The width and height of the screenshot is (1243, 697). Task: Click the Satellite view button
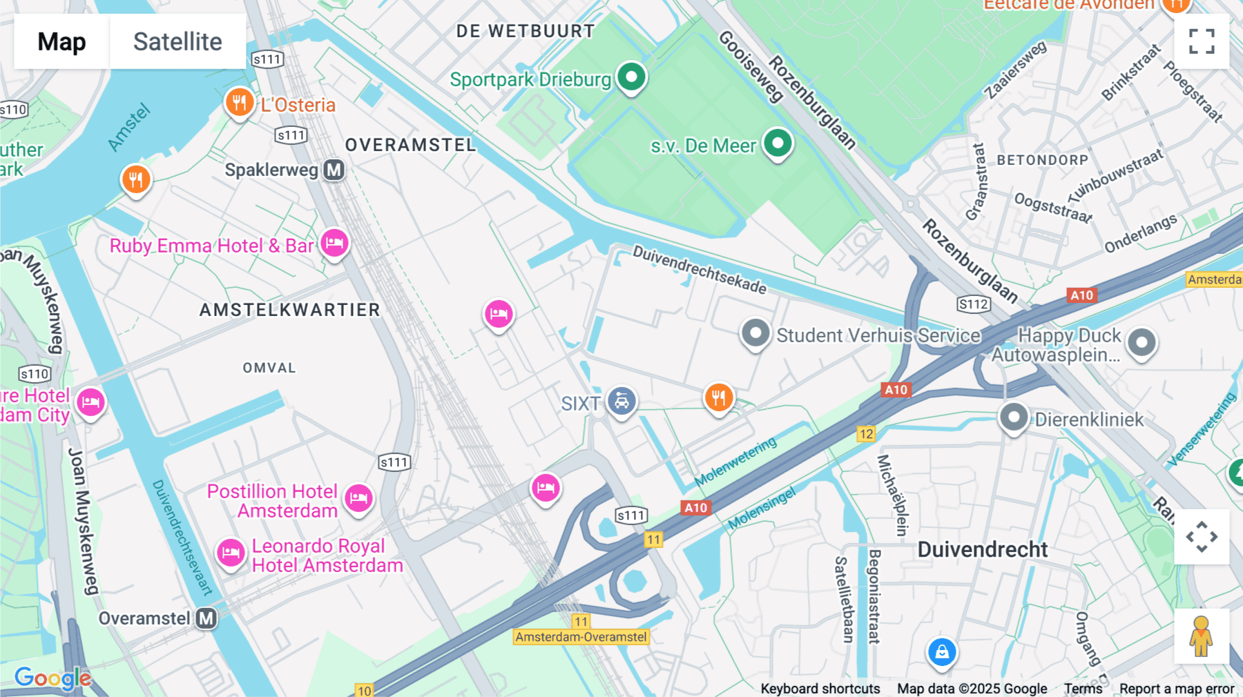pos(177,41)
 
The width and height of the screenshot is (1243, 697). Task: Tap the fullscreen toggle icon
pos(1202,41)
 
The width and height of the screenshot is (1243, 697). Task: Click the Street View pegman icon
pos(1201,636)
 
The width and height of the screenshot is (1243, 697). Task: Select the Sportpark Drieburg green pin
pos(631,76)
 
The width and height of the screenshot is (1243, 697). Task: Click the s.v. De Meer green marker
pos(778,144)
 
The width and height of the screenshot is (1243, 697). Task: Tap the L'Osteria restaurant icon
pos(239,104)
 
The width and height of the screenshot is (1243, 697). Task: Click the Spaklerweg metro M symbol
pos(334,170)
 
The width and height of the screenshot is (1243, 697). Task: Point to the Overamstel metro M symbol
pos(206,618)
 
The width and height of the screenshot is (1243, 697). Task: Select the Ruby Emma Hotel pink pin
pos(334,243)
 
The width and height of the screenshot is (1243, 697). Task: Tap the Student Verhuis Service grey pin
pos(755,334)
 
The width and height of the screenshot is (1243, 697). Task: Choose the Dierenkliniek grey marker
pos(1014,418)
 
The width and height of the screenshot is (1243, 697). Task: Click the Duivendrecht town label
pos(982,550)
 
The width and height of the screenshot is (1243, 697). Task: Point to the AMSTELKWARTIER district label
pos(290,310)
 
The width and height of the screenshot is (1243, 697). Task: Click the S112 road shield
pos(974,304)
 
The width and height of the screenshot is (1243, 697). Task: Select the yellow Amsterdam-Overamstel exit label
pos(581,637)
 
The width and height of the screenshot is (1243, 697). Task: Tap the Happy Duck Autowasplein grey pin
pos(1141,342)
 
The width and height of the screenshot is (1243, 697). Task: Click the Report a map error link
pos(1177,689)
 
